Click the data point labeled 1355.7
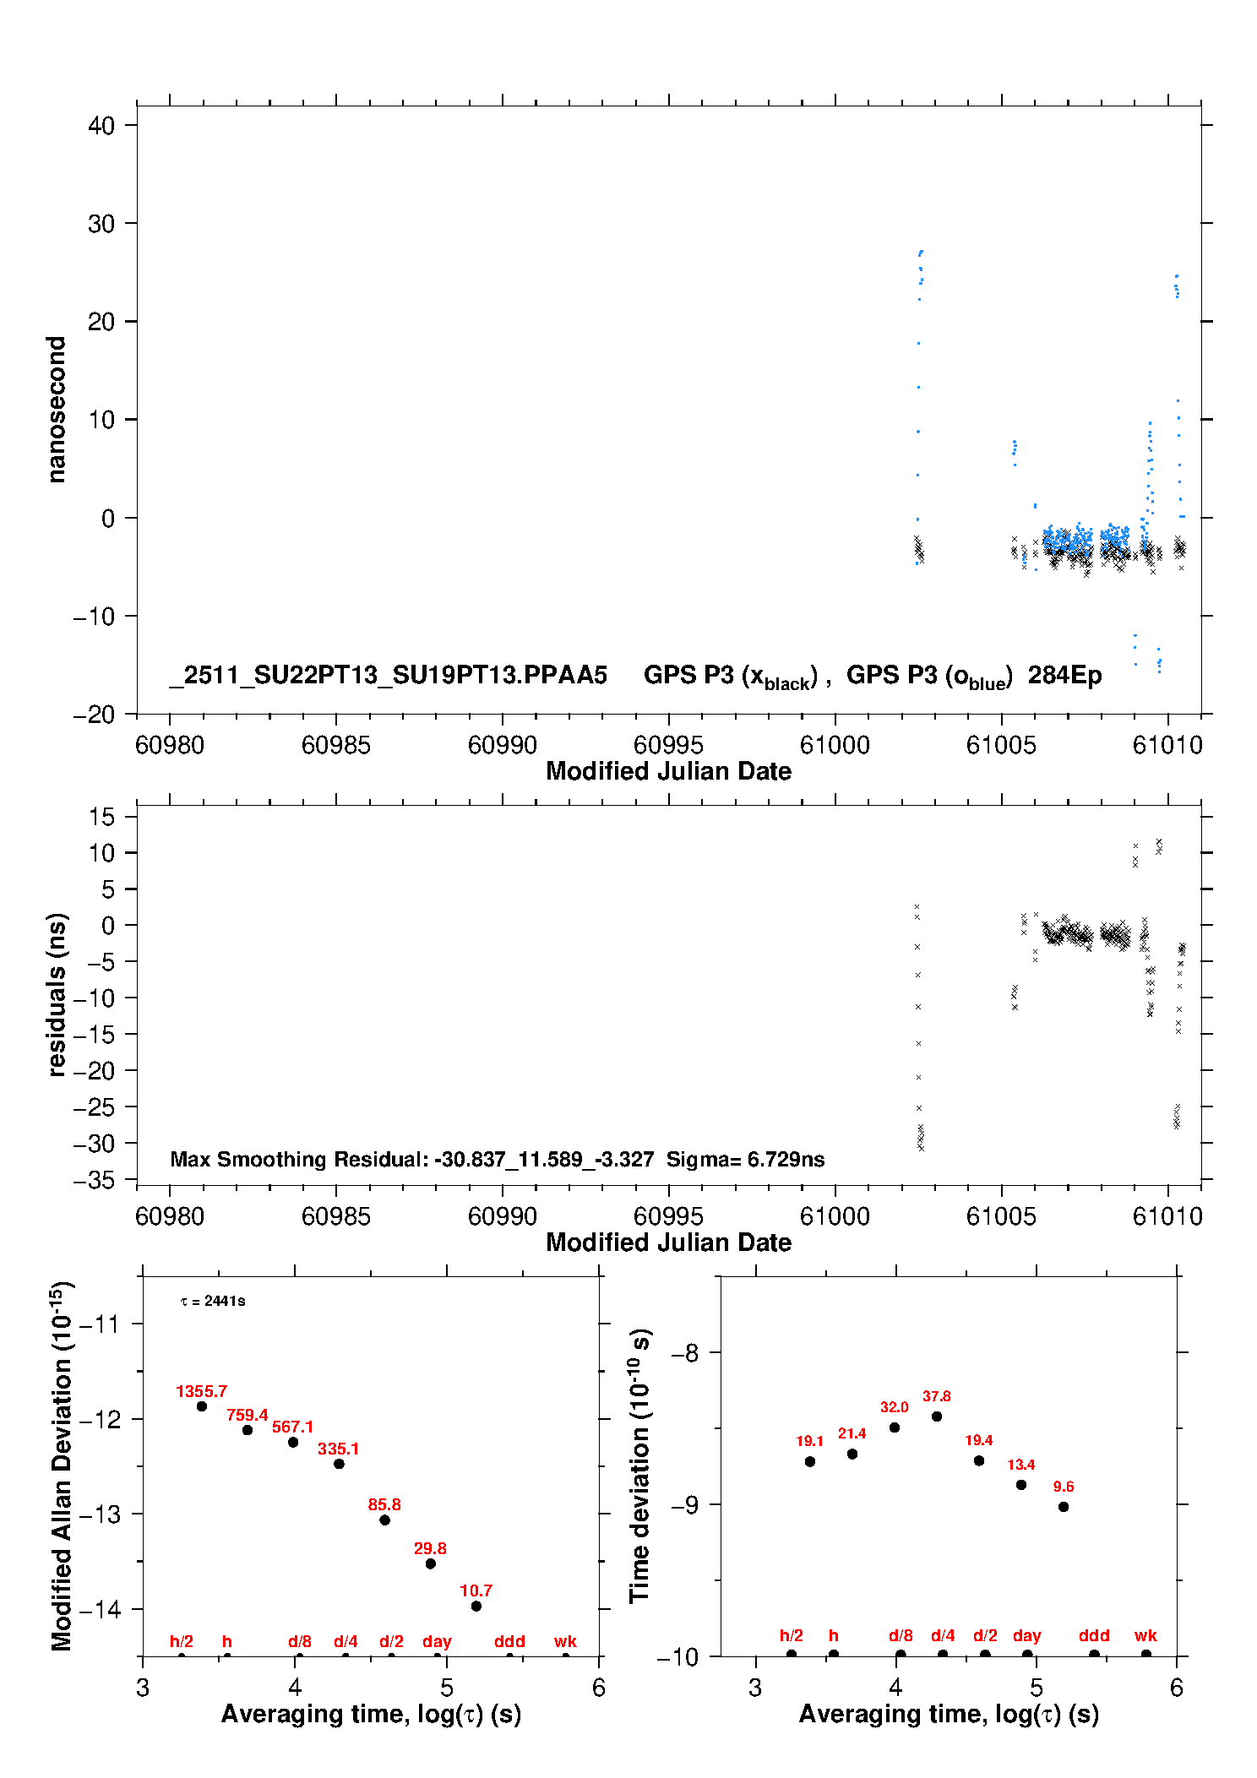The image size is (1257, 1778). (202, 1406)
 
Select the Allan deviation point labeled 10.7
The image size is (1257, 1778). (476, 1606)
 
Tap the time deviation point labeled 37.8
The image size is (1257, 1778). (937, 1416)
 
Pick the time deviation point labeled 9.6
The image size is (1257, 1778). (1064, 1507)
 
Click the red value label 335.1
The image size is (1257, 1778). (338, 1449)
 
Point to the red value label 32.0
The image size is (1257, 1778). (894, 1407)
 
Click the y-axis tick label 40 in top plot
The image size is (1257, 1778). (101, 126)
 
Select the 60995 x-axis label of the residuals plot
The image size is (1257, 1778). (668, 1216)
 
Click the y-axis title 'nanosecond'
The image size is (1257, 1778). (57, 410)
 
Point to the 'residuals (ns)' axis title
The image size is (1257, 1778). (57, 994)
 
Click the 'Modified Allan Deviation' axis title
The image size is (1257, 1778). (62, 1465)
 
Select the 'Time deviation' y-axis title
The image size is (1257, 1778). (639, 1465)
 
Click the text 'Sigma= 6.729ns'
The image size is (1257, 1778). (745, 1159)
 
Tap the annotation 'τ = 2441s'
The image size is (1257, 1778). (213, 1301)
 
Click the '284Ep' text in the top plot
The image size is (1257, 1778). (1064, 675)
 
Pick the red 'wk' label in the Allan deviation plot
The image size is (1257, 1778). (565, 1641)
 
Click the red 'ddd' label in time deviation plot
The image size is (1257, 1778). (1094, 1635)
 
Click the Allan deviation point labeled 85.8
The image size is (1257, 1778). (384, 1520)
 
